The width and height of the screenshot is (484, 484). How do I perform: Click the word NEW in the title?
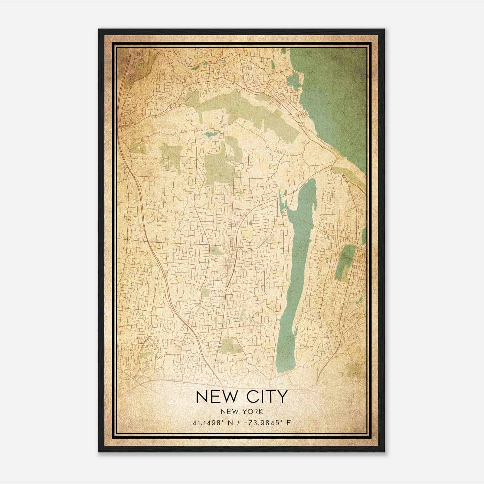(217, 397)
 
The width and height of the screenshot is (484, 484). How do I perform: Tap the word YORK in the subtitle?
(252, 411)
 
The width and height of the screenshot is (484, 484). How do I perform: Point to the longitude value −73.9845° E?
(267, 423)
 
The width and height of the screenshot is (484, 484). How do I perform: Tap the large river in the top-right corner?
(336, 91)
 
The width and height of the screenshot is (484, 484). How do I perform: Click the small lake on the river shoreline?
(293, 80)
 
